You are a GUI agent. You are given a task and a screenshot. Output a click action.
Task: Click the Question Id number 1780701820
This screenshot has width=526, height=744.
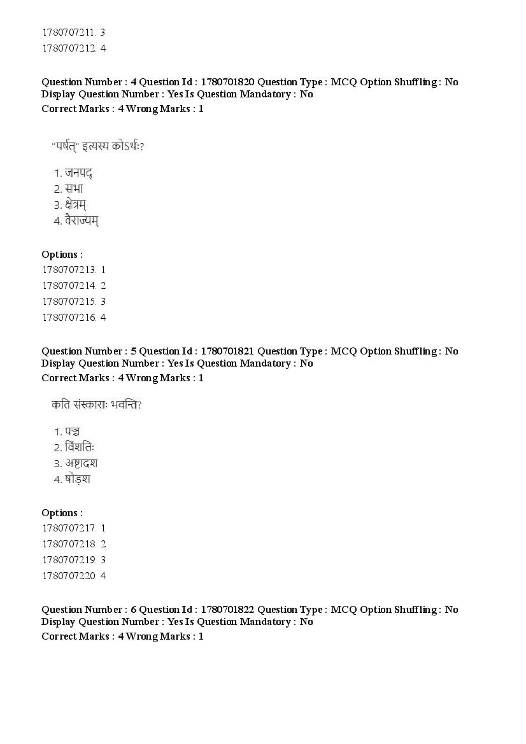[227, 82]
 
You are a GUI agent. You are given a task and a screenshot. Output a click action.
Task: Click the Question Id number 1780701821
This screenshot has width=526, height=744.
[227, 351]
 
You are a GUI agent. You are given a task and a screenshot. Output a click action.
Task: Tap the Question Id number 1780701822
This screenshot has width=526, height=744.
[227, 610]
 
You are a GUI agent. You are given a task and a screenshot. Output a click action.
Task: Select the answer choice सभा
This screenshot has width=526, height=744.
[74, 189]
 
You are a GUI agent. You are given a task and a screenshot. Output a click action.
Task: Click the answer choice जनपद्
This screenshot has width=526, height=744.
[79, 173]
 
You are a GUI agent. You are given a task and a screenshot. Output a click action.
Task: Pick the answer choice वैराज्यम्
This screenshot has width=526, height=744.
[82, 221]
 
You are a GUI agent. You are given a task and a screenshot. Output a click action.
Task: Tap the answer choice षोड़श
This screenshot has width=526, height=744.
[77, 479]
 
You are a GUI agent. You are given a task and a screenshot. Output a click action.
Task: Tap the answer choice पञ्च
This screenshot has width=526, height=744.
[72, 432]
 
